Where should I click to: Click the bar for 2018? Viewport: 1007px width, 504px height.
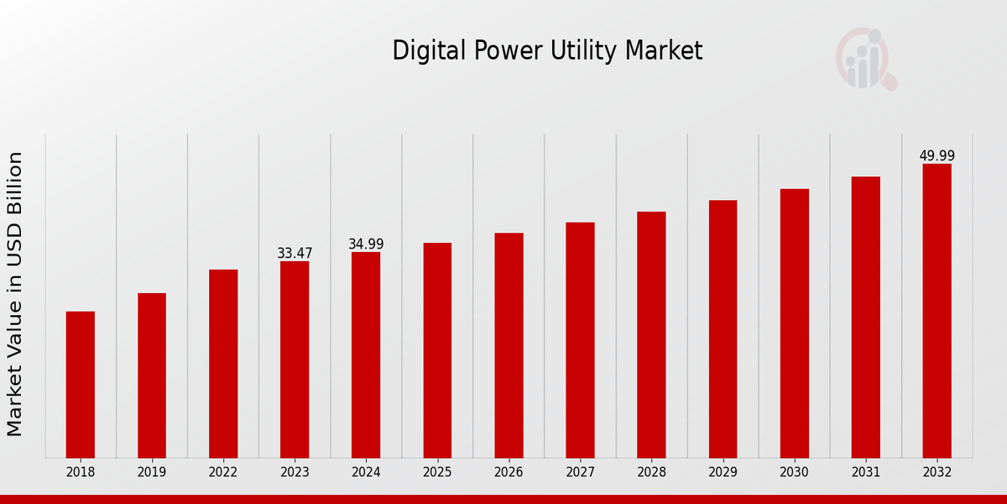pyautogui.click(x=81, y=385)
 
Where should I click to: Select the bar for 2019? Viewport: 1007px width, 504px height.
pyautogui.click(x=152, y=375)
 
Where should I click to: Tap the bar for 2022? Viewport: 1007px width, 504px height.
pyautogui.click(x=223, y=364)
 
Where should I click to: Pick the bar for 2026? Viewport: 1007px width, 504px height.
pyautogui.click(x=509, y=345)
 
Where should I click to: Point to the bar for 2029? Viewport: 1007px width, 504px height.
pyautogui.click(x=723, y=329)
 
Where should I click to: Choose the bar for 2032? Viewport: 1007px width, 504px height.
pyautogui.click(x=937, y=311)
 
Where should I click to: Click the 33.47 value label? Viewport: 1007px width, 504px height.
pyautogui.click(x=295, y=254)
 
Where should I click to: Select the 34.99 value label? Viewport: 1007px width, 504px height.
pyautogui.click(x=366, y=244)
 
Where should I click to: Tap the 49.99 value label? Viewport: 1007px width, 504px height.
pyautogui.click(x=937, y=156)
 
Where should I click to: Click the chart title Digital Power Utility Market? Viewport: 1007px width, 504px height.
pyautogui.click(x=547, y=51)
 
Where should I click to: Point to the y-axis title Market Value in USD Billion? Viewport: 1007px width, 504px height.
pyautogui.click(x=15, y=294)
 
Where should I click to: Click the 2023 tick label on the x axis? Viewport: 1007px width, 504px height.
pyautogui.click(x=295, y=473)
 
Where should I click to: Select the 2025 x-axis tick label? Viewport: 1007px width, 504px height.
pyautogui.click(x=437, y=473)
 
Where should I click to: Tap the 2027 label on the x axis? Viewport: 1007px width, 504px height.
pyautogui.click(x=580, y=473)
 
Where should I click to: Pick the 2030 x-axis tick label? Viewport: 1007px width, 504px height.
pyautogui.click(x=794, y=473)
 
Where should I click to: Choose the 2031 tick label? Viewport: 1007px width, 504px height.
pyautogui.click(x=865, y=473)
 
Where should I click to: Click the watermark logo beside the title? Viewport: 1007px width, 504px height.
pyautogui.click(x=865, y=59)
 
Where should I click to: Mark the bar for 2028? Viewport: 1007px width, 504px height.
pyautogui.click(x=651, y=334)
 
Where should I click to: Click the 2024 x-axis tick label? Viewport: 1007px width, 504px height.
pyautogui.click(x=366, y=473)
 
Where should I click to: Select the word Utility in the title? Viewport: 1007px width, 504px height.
pyautogui.click(x=587, y=51)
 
